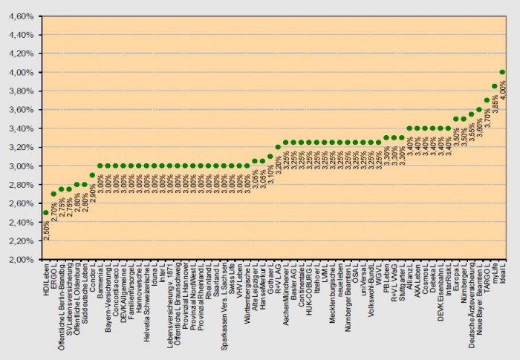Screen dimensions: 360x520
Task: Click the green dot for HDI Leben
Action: coord(45,213)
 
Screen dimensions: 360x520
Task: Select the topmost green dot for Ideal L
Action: coord(503,72)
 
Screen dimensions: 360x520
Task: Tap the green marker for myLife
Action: coord(495,86)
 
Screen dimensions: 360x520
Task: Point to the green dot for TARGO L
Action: coord(487,100)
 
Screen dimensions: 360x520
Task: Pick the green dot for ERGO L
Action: coord(53,194)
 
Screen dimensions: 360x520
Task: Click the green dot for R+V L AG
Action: coord(278,147)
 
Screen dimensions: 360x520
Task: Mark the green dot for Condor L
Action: coord(92,175)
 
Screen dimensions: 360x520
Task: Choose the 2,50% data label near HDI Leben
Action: coord(46,229)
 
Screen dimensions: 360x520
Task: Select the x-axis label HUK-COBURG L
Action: coord(308,289)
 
